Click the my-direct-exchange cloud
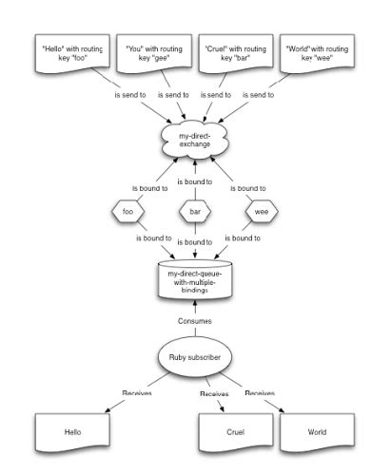[194, 141]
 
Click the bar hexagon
[194, 212]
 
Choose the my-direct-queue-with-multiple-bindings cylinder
[194, 279]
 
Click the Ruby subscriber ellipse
[194, 358]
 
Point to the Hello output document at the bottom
[73, 431]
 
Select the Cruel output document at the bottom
[236, 431]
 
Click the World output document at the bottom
[316, 431]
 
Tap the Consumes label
[194, 321]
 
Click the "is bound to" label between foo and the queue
[153, 237]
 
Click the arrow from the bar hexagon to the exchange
[194, 180]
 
